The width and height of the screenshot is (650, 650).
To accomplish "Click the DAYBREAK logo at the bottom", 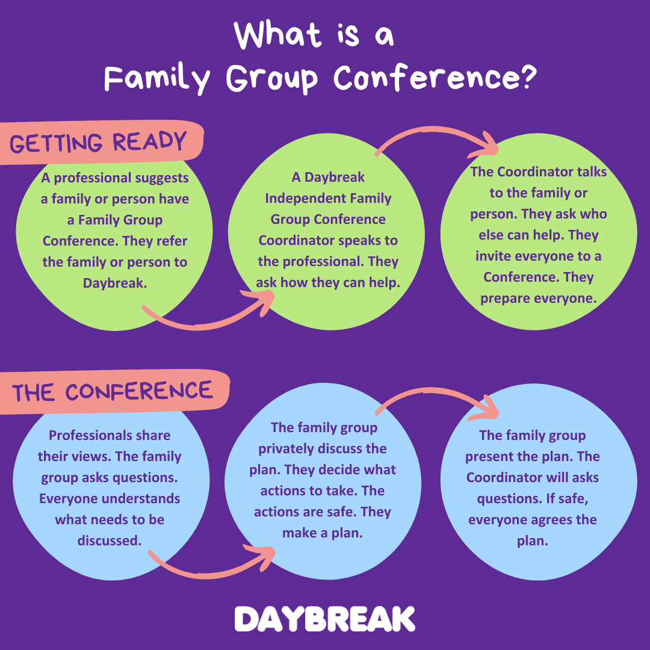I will pyautogui.click(x=324, y=619).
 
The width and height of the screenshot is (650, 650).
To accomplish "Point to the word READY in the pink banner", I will pyautogui.click(x=149, y=143).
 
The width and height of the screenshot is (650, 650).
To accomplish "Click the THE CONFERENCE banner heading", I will pyautogui.click(x=113, y=392).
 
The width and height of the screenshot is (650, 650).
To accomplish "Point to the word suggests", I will pyautogui.click(x=160, y=178).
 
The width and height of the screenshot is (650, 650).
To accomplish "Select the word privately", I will pyautogui.click(x=288, y=449).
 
